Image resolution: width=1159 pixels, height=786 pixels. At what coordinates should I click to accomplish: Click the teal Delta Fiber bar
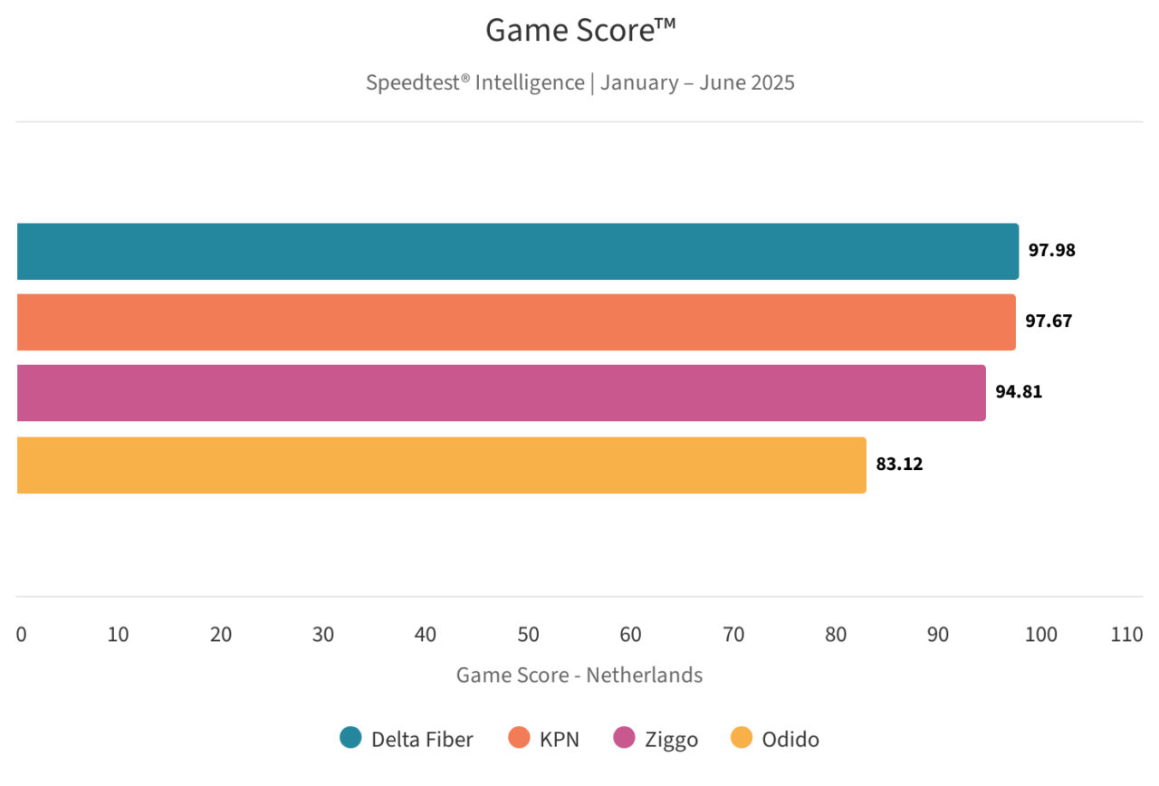click(517, 252)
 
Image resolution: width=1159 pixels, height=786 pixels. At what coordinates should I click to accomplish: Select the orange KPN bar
click(516, 322)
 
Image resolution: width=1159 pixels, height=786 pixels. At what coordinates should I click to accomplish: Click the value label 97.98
click(1051, 251)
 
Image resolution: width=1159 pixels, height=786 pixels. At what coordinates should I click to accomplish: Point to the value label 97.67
click(1049, 321)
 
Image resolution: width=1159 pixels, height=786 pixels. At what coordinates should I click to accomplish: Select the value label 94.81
click(1019, 393)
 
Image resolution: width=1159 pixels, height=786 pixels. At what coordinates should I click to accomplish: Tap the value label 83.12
click(899, 465)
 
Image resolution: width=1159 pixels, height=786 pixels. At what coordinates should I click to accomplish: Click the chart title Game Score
click(580, 31)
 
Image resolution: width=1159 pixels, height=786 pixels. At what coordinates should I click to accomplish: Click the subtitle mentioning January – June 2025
click(580, 82)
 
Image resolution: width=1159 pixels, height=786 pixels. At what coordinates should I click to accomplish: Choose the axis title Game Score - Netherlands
click(579, 675)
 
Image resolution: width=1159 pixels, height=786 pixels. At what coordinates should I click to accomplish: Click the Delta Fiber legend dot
click(350, 738)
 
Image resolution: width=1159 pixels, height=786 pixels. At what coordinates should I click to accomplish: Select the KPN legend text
click(560, 739)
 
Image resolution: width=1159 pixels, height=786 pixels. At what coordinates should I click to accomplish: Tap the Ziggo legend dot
click(624, 738)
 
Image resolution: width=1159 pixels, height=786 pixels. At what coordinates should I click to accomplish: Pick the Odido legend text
click(790, 739)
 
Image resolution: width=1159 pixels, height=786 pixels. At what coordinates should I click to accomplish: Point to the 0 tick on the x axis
click(21, 635)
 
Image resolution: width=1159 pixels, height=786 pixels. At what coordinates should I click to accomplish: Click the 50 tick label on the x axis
click(529, 635)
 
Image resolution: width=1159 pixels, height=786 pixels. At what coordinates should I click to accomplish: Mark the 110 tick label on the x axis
click(1126, 635)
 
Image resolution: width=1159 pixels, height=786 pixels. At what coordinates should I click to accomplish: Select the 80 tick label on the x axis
click(836, 635)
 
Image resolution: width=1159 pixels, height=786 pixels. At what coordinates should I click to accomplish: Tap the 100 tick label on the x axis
click(1040, 635)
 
